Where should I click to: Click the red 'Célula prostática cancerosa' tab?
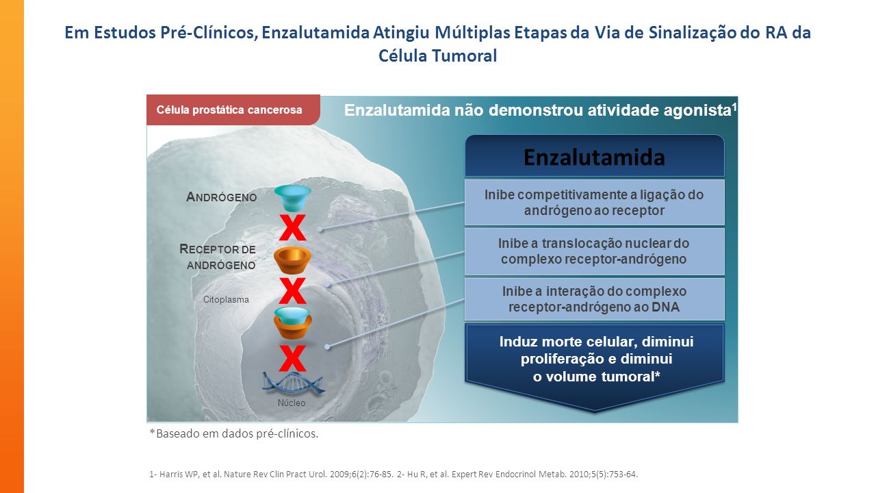(233, 110)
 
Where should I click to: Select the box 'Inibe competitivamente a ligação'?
(595, 202)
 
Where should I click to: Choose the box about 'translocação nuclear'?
(595, 251)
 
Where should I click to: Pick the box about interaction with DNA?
(595, 299)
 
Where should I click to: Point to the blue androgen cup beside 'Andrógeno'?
(292, 198)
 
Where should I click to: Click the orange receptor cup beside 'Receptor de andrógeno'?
(292, 260)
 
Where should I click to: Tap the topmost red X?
(292, 227)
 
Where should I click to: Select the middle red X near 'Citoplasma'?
(292, 291)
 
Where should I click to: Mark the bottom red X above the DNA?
(292, 358)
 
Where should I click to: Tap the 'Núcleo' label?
(292, 403)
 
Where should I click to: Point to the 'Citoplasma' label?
(226, 300)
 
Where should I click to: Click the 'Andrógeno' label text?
(221, 197)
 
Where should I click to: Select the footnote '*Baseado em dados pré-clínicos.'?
(234, 433)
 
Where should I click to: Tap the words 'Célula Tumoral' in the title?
(437, 55)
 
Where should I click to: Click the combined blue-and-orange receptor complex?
(293, 323)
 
